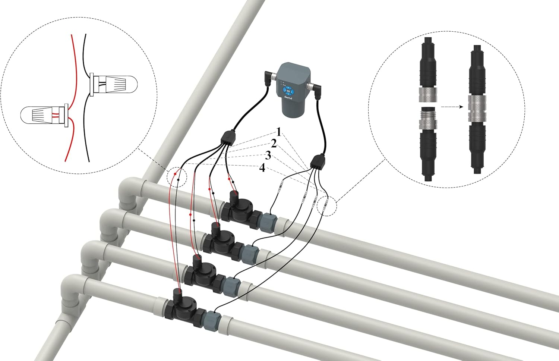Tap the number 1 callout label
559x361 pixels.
278,132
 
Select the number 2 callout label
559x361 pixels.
274,144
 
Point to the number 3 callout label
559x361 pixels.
268,155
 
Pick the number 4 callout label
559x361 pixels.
262,168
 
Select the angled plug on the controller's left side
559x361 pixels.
269,78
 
